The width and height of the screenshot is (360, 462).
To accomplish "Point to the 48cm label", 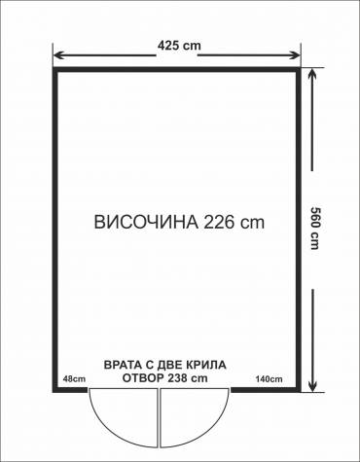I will pos(70,378).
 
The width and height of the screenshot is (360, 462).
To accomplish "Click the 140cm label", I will pos(269,378).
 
